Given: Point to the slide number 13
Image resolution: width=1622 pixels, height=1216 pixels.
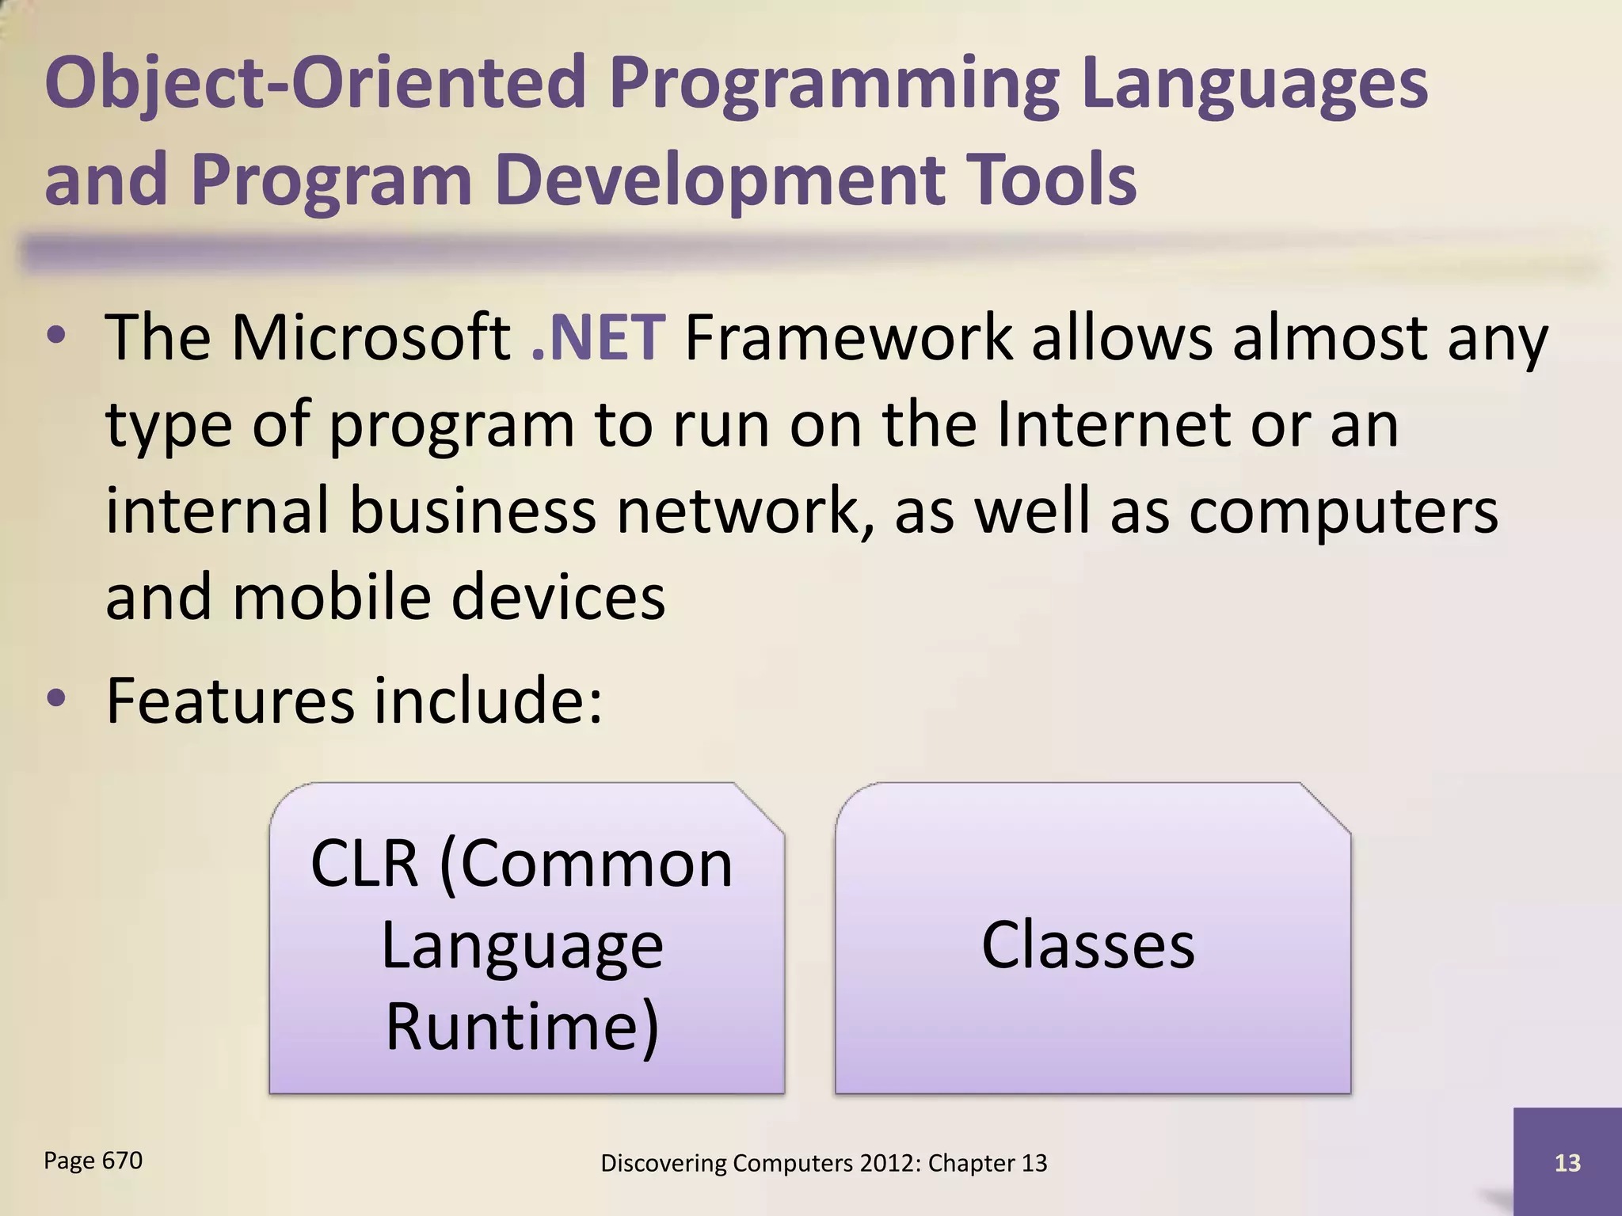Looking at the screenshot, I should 1567,1163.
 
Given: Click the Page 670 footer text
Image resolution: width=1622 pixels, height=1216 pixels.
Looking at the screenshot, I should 93,1161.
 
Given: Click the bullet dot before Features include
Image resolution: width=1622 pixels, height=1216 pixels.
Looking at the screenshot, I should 56,699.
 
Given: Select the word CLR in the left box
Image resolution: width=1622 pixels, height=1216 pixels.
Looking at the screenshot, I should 364,864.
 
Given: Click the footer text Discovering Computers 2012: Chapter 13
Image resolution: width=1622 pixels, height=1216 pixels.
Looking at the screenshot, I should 824,1163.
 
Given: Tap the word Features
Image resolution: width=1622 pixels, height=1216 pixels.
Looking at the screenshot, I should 230,701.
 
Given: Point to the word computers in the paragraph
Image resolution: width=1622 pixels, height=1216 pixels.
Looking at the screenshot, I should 1343,511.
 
